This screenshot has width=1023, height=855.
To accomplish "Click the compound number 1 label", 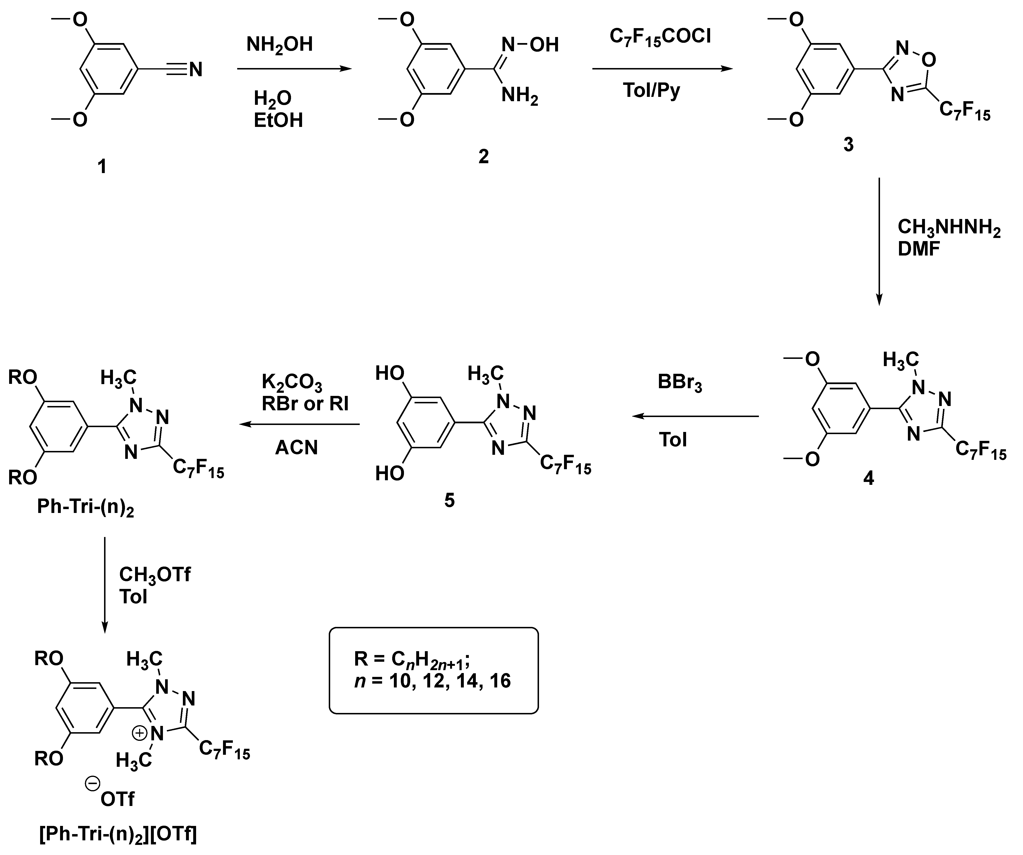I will [x=102, y=167].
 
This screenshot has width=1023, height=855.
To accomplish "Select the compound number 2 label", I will [x=483, y=156].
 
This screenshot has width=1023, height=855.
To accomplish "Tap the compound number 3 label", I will [x=848, y=145].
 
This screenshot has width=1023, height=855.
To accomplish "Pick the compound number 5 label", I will [x=449, y=500].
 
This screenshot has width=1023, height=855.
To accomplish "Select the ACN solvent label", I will [x=296, y=447].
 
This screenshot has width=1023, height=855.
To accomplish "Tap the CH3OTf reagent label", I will [x=155, y=575].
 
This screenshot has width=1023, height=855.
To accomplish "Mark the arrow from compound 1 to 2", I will [x=294, y=69].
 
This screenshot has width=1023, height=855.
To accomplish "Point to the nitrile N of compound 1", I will [x=195, y=70].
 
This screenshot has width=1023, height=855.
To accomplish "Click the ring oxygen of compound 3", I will [x=929, y=59].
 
